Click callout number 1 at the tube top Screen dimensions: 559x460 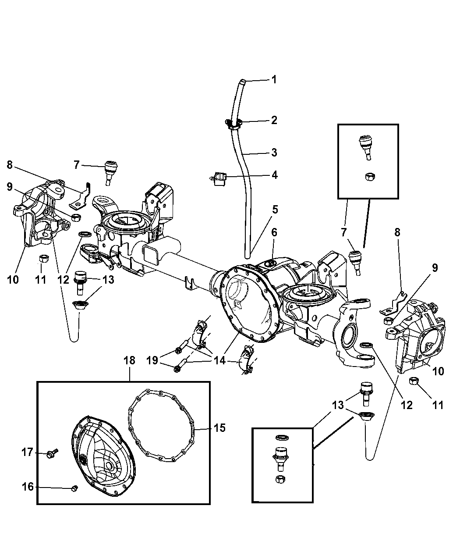[x=274, y=79]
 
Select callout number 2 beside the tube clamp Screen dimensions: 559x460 [x=274, y=120]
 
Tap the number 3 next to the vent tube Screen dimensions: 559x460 [x=274, y=153]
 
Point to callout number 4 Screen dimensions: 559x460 [x=274, y=175]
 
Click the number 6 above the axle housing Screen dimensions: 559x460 [x=274, y=232]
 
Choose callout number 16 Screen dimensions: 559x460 [x=28, y=487]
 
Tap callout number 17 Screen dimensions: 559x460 [x=28, y=452]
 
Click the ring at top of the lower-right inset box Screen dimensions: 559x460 [x=282, y=438]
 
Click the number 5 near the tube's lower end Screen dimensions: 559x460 [x=275, y=209]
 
